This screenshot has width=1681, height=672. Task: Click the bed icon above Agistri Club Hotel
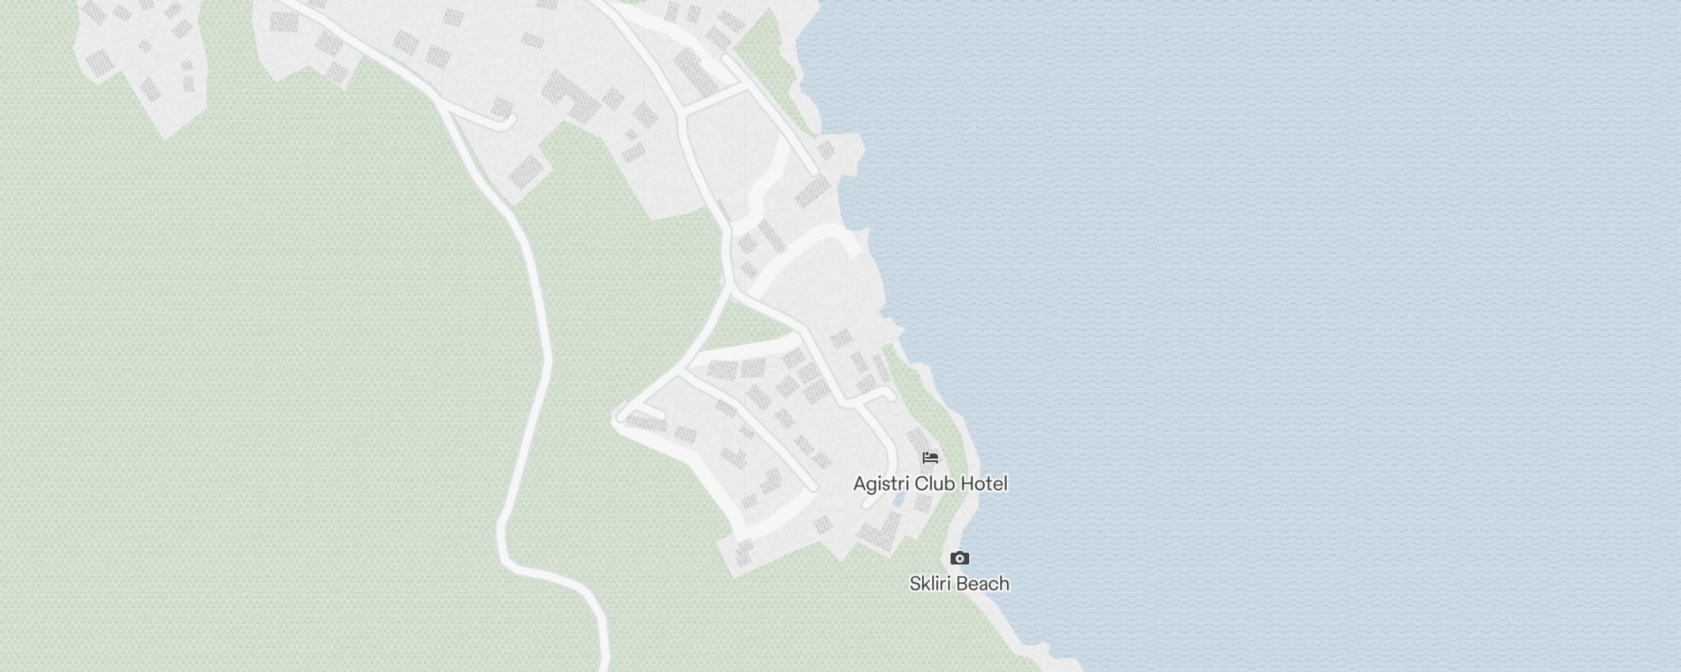coord(930,458)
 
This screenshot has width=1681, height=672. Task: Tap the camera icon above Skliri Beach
coord(959,558)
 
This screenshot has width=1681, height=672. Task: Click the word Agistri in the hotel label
coord(880,484)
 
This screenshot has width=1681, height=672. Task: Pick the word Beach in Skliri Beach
coord(983,583)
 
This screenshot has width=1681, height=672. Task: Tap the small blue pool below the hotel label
coord(899,500)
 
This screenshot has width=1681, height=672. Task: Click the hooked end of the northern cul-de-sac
coord(509,123)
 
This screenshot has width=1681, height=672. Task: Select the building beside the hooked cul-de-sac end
coord(503,107)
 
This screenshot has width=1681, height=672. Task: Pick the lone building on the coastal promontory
coord(826,150)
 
